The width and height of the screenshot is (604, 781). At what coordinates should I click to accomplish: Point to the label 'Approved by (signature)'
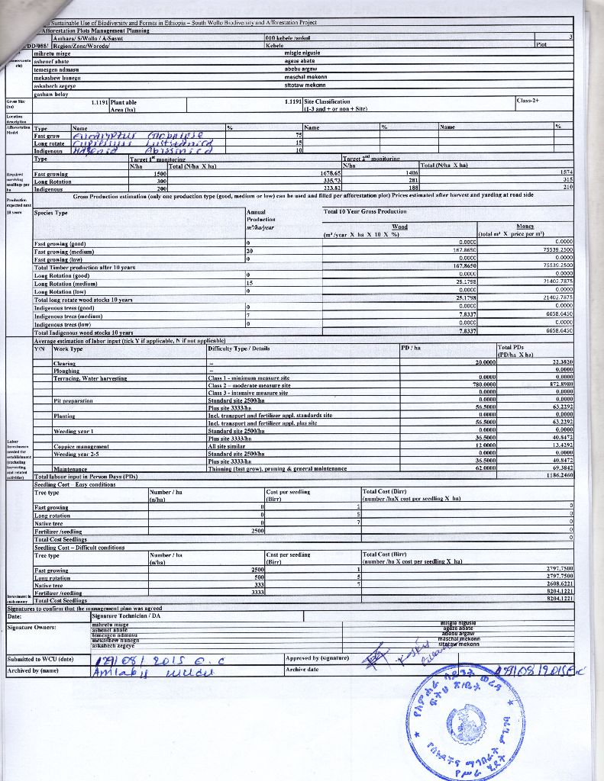click(317, 657)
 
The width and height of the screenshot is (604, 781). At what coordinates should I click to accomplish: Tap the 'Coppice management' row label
click(82, 446)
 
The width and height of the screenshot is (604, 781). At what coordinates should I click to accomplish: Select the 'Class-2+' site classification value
click(528, 101)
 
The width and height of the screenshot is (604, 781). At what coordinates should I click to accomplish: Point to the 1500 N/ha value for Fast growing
click(160, 173)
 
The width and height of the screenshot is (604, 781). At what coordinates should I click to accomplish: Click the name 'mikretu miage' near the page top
click(53, 53)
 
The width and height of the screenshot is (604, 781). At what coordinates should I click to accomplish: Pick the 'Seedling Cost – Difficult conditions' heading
click(79, 547)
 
